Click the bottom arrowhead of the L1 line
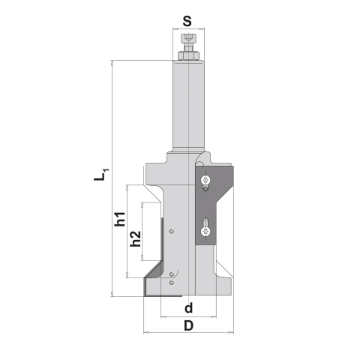[111, 294]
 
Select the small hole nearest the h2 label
[172, 232]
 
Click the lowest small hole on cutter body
[172, 284]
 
